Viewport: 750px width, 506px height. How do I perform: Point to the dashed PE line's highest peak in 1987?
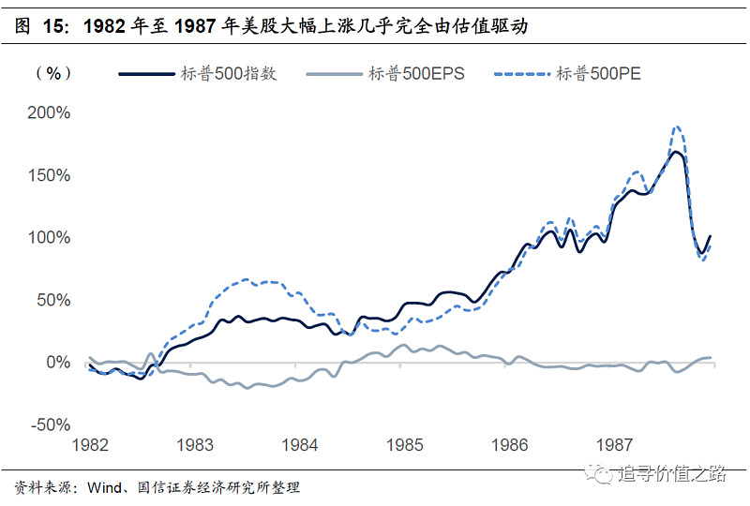[x=676, y=127]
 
